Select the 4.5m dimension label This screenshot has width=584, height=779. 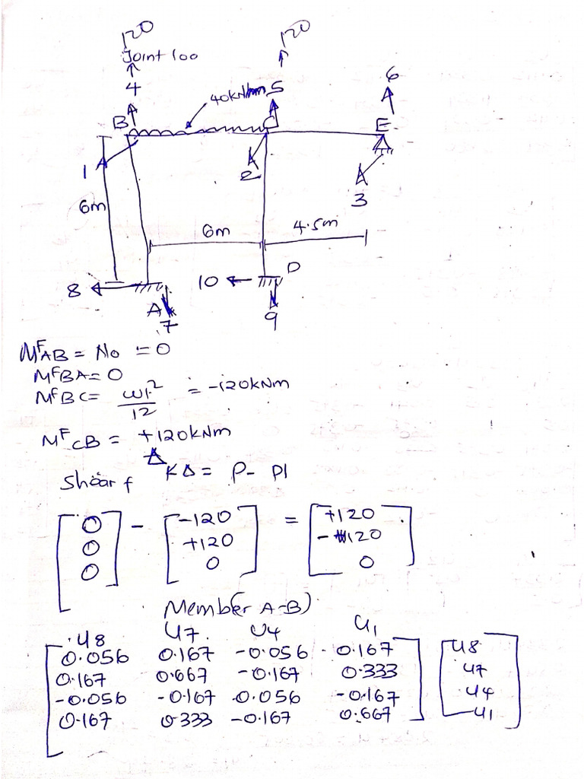click(314, 224)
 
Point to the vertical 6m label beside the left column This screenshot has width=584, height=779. click(95, 206)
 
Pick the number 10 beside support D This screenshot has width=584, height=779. click(208, 281)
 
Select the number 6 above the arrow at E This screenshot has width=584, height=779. click(392, 74)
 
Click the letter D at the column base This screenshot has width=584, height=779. click(294, 266)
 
